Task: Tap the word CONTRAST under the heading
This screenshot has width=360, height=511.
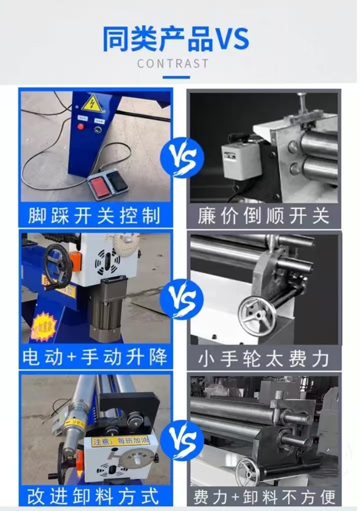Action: [172, 63]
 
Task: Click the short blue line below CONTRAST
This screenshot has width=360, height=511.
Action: [176, 77]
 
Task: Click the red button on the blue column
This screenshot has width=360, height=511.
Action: [80, 126]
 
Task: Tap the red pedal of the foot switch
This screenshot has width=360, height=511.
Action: [98, 185]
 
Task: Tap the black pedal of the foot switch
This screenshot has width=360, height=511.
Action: [118, 181]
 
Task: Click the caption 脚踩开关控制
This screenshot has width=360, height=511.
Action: [95, 216]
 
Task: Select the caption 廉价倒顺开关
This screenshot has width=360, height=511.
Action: [263, 216]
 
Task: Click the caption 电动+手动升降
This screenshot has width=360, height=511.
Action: [95, 357]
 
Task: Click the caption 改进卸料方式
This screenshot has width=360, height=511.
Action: [95, 496]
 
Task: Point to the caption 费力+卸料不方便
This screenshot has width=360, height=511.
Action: [263, 496]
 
